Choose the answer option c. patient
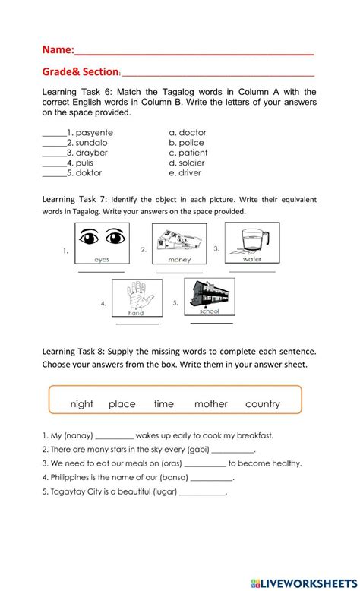point(188,153)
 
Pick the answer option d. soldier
point(188,163)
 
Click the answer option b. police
point(186,143)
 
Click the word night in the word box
point(81,404)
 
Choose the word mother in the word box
point(210,404)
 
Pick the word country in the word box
point(263,404)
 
